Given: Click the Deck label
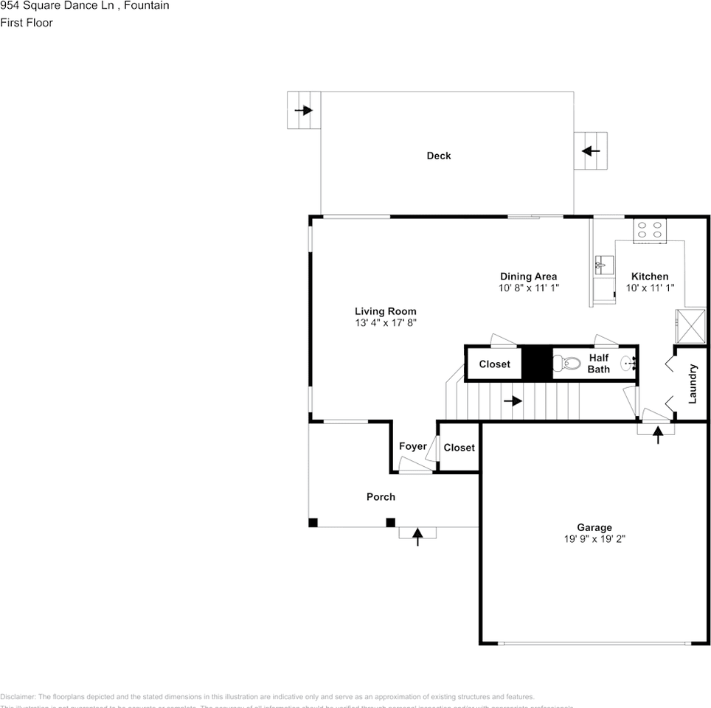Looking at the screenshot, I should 438,156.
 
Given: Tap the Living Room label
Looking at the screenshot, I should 385,311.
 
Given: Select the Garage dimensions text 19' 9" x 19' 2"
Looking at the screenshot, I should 594,539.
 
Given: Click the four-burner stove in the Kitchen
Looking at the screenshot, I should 650,230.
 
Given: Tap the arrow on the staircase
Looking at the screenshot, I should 513,401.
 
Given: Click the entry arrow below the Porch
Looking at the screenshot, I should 417,536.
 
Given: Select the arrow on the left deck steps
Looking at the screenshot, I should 303,111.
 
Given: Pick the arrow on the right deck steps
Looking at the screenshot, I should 591,151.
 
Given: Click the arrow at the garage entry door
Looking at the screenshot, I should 657,434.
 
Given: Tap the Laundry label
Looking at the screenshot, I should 693,383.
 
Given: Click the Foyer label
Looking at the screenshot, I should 412,446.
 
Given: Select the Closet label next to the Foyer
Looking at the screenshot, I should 459,448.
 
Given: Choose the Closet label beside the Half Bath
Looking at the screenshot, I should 494,364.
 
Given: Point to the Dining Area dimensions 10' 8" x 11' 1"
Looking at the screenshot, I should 528,288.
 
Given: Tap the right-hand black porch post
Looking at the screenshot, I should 390,523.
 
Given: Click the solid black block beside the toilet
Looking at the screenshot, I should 537,363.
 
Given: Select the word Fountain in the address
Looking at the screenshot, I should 147,6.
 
